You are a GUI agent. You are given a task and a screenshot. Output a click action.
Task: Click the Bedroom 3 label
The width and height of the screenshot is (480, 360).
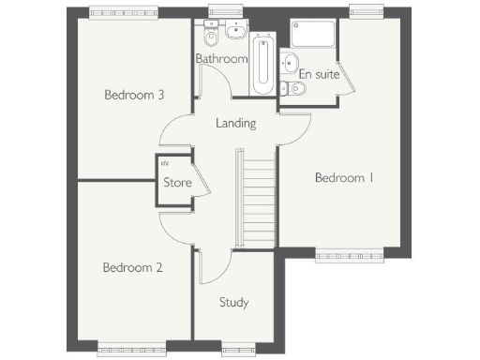[x=134, y=95]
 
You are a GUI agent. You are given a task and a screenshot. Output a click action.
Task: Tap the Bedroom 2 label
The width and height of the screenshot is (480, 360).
[x=132, y=267]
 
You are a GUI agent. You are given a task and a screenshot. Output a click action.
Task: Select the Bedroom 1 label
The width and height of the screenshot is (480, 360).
[x=344, y=177]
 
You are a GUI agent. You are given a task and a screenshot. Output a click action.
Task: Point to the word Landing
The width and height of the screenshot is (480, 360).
[x=235, y=123]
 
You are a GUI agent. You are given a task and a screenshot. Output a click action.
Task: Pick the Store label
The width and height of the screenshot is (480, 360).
[x=177, y=183]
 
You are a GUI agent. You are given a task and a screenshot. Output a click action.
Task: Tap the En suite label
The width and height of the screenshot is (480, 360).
[x=319, y=74]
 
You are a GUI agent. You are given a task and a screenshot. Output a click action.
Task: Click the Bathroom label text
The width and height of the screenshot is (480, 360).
[x=221, y=59]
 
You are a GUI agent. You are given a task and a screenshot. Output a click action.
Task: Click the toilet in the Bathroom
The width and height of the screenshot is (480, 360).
[x=212, y=39]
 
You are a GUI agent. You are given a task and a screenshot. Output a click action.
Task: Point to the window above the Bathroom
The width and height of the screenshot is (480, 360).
[x=221, y=12]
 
